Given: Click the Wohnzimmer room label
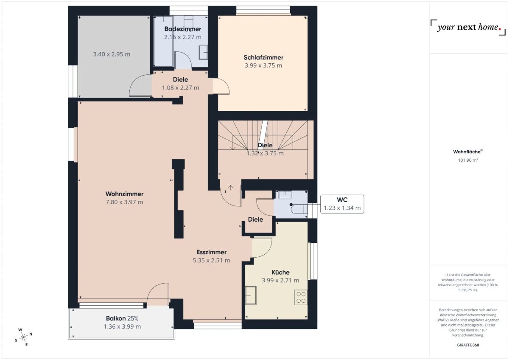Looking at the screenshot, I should (x=124, y=194).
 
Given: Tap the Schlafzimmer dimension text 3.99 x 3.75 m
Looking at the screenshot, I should (x=263, y=65).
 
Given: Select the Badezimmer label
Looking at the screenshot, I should (x=182, y=29).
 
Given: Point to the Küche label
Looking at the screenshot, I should (x=280, y=272).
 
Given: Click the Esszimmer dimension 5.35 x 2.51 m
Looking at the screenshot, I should (x=211, y=260).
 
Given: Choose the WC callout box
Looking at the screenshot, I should (x=342, y=204).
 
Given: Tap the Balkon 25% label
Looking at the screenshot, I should (x=122, y=318).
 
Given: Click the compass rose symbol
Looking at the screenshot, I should (x=23, y=337).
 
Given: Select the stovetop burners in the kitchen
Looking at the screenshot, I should (x=301, y=297).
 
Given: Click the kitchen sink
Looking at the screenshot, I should (x=251, y=295).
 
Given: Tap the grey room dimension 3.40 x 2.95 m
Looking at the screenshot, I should (x=112, y=54).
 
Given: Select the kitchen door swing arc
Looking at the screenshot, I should (x=262, y=247).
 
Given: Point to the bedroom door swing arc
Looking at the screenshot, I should (x=222, y=87).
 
